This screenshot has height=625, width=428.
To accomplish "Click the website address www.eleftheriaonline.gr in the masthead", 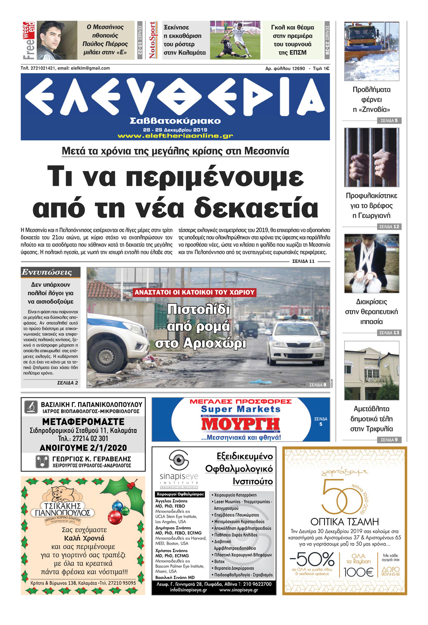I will [x=175, y=136].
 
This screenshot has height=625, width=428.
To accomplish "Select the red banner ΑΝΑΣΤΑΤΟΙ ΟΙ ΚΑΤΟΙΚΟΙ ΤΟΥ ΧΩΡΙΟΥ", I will [x=194, y=292].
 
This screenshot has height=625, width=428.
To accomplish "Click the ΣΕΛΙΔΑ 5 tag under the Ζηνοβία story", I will [x=389, y=121].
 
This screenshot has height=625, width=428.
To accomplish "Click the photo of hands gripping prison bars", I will [x=371, y=157].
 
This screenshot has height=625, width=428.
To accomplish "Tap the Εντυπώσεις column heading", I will [x=47, y=272].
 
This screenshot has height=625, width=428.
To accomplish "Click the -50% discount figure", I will [x=312, y=559].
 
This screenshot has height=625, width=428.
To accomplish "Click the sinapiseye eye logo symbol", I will [x=179, y=460].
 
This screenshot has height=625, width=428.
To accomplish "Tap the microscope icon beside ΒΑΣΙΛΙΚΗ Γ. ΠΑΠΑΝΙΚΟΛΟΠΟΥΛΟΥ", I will [x=31, y=407].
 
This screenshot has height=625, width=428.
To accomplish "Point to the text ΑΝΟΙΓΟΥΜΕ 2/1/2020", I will [x=83, y=448].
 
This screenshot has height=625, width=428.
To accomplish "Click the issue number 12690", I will [x=298, y=68].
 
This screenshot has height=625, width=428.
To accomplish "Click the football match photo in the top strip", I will [x=235, y=40].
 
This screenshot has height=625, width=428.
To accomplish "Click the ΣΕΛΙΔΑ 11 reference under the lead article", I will [x=303, y=261].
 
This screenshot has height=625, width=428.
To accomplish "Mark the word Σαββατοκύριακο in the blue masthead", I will [x=175, y=121].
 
